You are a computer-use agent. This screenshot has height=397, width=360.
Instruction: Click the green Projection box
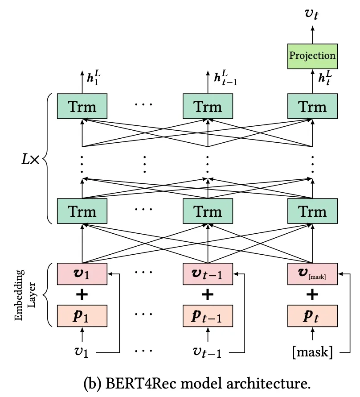tap(312, 56)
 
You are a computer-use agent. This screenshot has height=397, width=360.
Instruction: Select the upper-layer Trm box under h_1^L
tap(82, 106)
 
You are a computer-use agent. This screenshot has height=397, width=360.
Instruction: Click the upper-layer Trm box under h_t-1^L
tap(208, 106)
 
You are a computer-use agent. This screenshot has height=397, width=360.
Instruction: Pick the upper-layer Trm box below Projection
tap(312, 106)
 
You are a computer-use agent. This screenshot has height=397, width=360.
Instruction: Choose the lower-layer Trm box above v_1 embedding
tap(82, 211)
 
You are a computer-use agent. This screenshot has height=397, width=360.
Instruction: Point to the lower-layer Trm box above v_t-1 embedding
tap(208, 211)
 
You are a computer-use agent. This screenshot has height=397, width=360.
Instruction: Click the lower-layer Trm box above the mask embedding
tap(312, 211)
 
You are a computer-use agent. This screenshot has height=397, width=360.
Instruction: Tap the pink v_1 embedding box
tap(82, 273)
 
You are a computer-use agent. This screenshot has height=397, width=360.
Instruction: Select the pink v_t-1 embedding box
tap(208, 273)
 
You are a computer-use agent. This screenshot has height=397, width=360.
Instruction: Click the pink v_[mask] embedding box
tap(312, 273)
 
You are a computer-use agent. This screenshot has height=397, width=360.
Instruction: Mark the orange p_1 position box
tap(82, 316)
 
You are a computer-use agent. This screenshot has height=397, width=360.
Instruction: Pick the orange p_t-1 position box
tap(208, 316)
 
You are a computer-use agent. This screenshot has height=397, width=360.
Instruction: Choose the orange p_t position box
tap(312, 316)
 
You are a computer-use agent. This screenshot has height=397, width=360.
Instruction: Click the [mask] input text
tap(312, 352)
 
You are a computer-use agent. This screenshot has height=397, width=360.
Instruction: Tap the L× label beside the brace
tap(30, 159)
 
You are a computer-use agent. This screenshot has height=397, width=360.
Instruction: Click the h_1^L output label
tap(93, 79)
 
